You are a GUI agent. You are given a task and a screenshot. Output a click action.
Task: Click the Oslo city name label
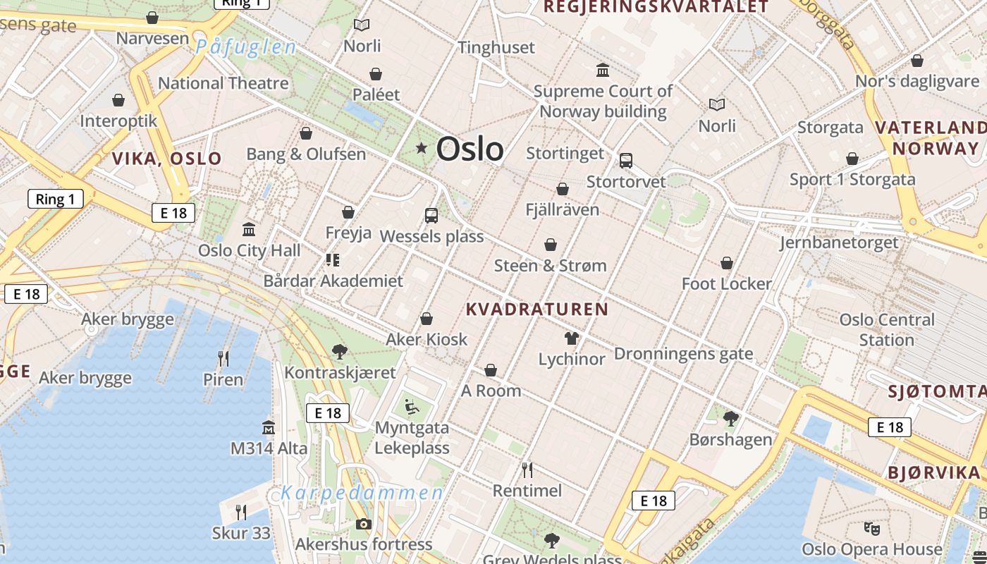(470, 149)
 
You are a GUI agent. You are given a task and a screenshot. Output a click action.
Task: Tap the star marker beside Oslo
(422, 148)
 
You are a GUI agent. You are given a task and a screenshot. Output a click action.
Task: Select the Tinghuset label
(496, 48)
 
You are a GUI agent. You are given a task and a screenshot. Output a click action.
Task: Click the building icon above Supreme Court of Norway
(603, 70)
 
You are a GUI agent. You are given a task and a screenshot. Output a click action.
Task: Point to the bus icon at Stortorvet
(626, 161)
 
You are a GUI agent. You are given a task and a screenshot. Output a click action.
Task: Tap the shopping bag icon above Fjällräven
(563, 189)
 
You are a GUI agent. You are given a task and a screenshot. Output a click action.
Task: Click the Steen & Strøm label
(550, 266)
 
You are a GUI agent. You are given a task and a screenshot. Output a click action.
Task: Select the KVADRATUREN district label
(537, 309)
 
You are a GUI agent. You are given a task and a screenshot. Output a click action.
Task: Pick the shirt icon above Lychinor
(571, 338)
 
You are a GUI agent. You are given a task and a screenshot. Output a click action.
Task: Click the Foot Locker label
(726, 284)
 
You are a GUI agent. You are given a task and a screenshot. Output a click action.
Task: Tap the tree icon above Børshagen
(730, 419)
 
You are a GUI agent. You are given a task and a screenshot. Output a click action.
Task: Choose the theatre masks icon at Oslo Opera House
(872, 528)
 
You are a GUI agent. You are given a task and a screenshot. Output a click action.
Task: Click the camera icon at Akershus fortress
(364, 524)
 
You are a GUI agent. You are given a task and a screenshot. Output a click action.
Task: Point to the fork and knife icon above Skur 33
(241, 511)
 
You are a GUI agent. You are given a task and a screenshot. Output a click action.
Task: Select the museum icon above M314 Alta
(269, 427)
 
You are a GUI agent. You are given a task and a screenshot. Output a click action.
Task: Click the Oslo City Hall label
(250, 250)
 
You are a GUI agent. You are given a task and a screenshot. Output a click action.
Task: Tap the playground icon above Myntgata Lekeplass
(412, 406)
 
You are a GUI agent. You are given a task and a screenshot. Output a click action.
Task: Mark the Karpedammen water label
(362, 493)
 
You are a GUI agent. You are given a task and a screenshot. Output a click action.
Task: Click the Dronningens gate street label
(684, 354)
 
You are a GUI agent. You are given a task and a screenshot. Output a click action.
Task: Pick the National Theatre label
(223, 83)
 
